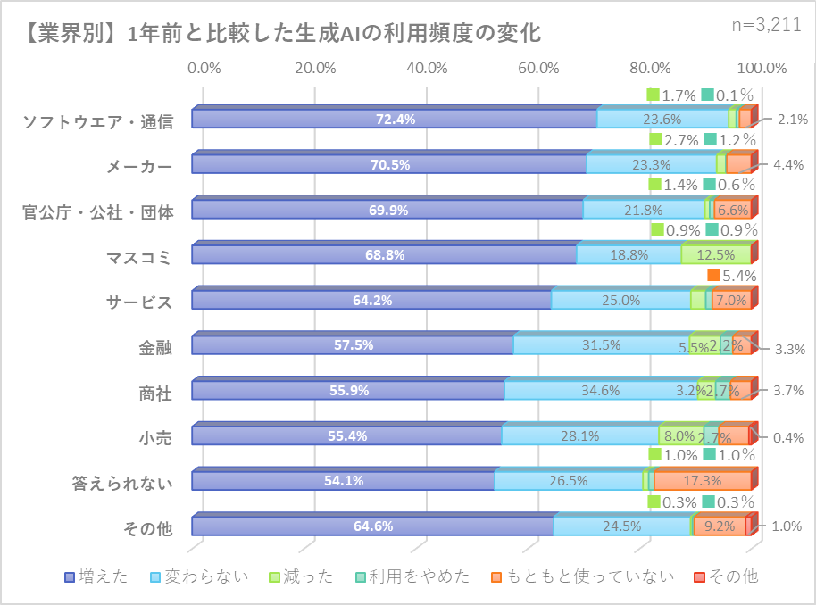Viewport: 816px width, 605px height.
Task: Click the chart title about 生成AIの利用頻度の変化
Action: click(x=280, y=34)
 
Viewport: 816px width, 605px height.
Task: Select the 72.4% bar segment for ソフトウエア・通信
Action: click(x=395, y=119)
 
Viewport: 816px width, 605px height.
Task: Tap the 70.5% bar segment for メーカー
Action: click(x=389, y=164)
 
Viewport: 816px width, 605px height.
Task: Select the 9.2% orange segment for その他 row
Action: click(x=719, y=526)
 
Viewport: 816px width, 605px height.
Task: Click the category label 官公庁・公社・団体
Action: click(x=97, y=211)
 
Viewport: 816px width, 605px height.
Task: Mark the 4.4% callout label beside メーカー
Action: click(x=789, y=164)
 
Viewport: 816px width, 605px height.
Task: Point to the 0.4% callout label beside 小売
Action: click(x=789, y=436)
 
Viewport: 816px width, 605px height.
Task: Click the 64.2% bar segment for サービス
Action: click(x=372, y=300)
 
